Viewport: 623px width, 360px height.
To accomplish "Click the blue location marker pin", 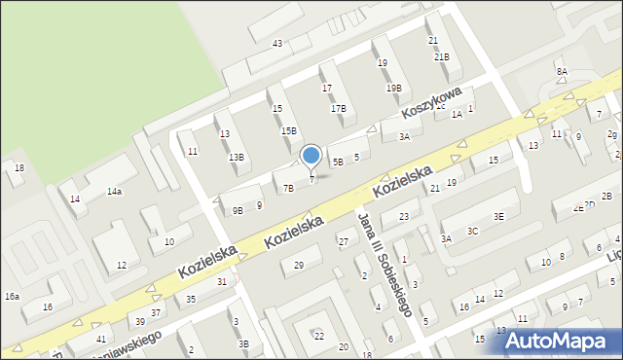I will [311, 156].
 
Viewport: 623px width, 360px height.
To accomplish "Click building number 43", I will [277, 44].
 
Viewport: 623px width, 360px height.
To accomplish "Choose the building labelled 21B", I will [441, 57].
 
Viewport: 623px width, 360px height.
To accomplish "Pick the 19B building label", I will [393, 89].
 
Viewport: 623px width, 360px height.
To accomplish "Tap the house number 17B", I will [338, 109].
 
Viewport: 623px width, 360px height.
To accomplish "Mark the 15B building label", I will [289, 131].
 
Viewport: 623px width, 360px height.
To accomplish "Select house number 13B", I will [237, 158].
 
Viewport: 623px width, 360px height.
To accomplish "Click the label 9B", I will [237, 210].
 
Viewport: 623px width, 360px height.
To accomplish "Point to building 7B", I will [288, 189].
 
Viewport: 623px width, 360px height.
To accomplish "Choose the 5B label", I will [338, 162].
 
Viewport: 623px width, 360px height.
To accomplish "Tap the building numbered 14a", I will [114, 192].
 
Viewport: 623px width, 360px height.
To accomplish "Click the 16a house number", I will [12, 296].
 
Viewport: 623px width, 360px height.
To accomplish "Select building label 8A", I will [562, 72].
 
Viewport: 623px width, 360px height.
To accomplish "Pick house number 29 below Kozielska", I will [299, 266].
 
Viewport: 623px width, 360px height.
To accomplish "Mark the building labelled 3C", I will [472, 232].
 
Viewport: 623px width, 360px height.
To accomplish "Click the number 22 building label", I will [318, 336].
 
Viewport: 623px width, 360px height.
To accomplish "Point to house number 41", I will [101, 339].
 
